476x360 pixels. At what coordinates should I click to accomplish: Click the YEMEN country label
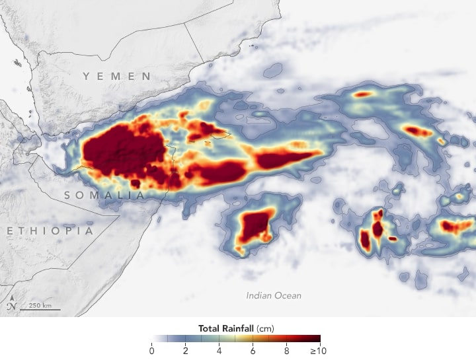(x=117, y=77)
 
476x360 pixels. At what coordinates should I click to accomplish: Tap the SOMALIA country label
(x=104, y=196)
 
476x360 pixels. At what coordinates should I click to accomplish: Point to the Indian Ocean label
(x=274, y=295)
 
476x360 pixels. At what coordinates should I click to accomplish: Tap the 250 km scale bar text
(x=40, y=305)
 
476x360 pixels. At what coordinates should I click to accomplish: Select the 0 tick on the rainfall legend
(x=152, y=350)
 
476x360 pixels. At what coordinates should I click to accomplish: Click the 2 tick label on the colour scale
(x=186, y=350)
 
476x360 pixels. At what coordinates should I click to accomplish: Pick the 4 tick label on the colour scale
(x=219, y=350)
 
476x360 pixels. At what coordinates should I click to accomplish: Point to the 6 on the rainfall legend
(x=253, y=350)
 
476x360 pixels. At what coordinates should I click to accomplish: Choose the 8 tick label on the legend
(x=287, y=350)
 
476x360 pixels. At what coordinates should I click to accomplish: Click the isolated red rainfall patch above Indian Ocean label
(x=256, y=225)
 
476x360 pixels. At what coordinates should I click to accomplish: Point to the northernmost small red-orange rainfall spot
(x=362, y=94)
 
